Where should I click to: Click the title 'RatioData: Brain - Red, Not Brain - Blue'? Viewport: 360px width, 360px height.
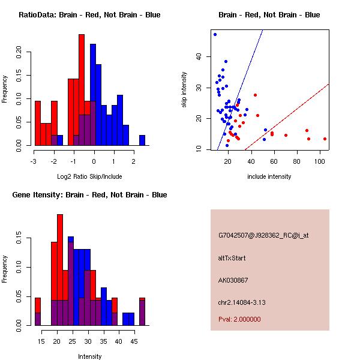(x=89, y=14)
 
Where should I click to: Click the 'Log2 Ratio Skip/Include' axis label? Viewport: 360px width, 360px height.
(x=89, y=176)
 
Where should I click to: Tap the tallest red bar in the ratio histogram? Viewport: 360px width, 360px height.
(x=82, y=90)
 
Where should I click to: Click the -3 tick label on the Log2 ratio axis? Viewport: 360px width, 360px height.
(x=35, y=161)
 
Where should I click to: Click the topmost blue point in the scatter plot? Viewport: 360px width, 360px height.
(x=215, y=35)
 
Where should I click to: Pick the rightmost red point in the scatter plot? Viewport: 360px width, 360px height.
(x=325, y=139)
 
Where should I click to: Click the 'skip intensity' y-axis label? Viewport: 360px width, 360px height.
(x=184, y=90)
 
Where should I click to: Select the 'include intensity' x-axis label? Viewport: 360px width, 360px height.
(x=269, y=176)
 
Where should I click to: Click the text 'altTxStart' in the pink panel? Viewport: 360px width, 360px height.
(x=232, y=258)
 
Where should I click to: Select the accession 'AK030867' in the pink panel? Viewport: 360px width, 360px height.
(x=233, y=280)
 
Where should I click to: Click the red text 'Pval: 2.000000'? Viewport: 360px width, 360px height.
(x=239, y=319)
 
